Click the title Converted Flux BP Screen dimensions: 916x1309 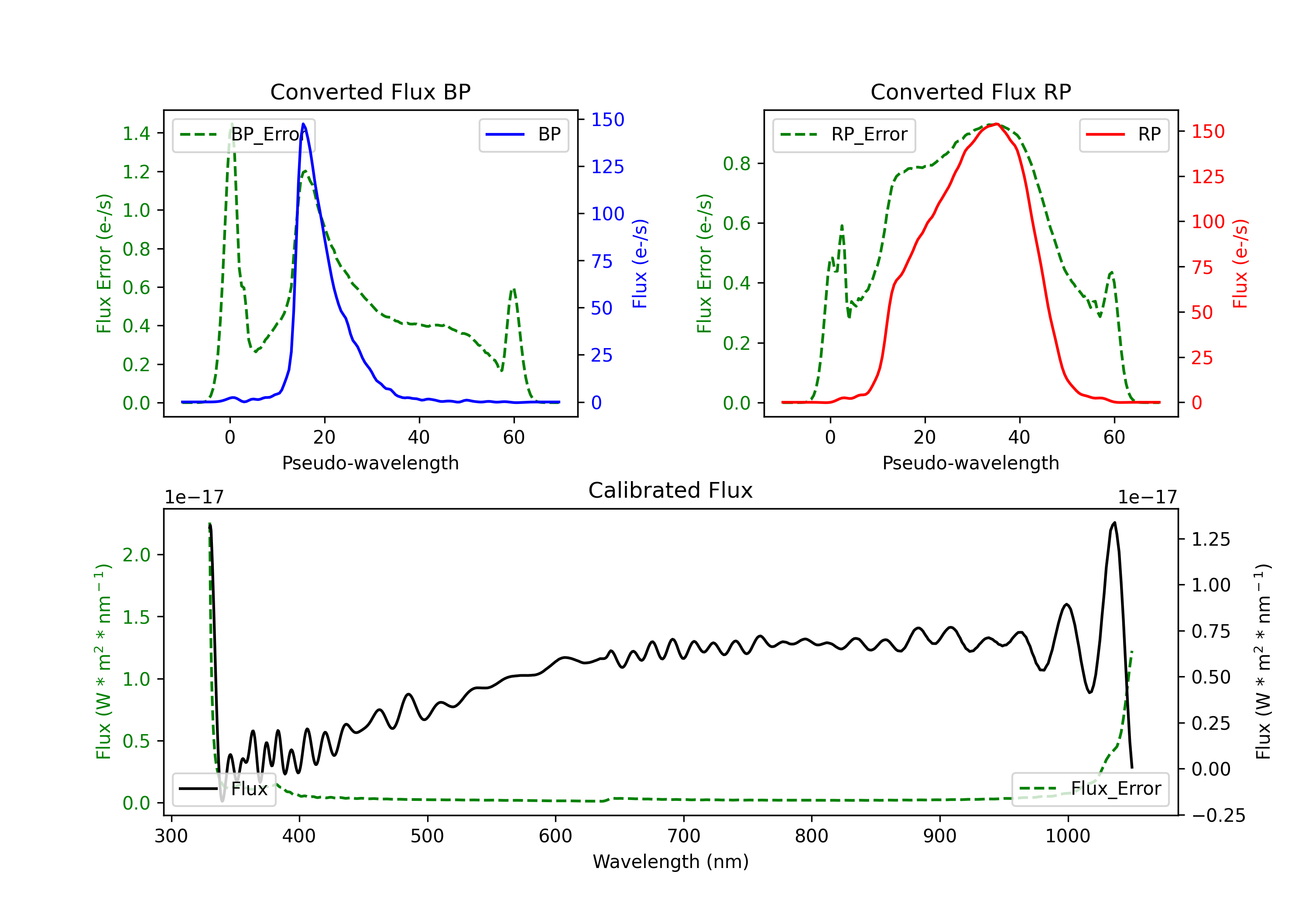tap(370, 92)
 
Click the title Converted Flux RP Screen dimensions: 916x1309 tap(970, 92)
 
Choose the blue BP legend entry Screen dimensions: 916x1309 tap(523, 134)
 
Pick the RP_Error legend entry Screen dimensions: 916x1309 tap(844, 134)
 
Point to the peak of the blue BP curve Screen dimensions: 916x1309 tap(303, 124)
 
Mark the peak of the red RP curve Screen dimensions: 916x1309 tap(995, 124)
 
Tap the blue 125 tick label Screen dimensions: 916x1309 tap(607, 167)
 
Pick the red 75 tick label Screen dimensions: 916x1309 tap(1203, 267)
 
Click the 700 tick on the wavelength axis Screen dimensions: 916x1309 tap(684, 836)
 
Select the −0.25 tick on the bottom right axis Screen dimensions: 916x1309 tap(1218, 816)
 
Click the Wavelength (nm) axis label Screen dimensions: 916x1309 tap(671, 861)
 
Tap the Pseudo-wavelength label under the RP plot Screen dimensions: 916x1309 tap(970, 463)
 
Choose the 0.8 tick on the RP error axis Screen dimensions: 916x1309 tap(736, 164)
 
